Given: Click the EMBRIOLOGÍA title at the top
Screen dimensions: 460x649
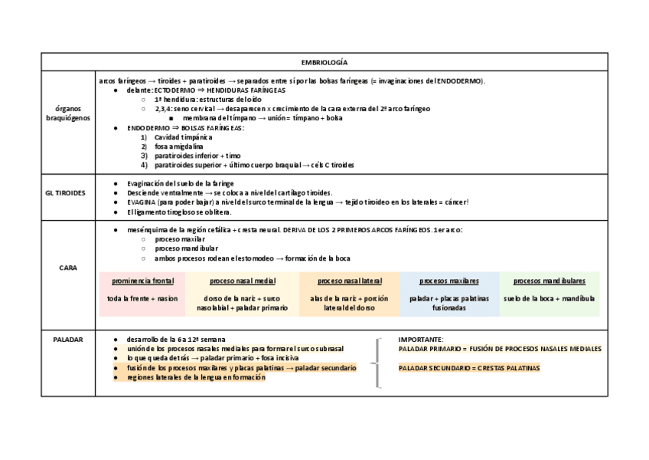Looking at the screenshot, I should click(x=324, y=62).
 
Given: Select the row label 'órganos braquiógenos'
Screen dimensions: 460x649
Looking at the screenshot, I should click(x=68, y=113).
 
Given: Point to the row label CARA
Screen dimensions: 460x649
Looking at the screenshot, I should click(x=68, y=268).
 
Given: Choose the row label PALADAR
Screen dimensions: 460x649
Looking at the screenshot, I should click(x=68, y=339).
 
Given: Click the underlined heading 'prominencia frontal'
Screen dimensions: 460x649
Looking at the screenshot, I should click(x=142, y=281).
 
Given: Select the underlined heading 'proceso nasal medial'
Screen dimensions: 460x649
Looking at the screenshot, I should click(x=242, y=281).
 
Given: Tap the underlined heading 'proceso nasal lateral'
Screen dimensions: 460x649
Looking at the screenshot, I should click(x=349, y=281).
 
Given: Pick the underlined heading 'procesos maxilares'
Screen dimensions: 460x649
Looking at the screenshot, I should click(x=448, y=281).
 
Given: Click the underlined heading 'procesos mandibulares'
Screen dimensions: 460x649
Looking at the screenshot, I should click(x=549, y=281).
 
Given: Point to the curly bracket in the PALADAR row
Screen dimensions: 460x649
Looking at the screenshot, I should click(x=378, y=363).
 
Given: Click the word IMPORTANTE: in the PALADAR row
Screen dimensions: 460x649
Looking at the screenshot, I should click(x=421, y=339).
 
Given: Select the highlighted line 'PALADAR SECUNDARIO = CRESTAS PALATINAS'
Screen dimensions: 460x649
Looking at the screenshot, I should click(x=468, y=368).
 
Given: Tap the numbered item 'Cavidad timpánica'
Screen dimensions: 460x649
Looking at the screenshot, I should click(x=182, y=137).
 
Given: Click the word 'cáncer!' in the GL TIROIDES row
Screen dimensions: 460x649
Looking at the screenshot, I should click(x=454, y=202).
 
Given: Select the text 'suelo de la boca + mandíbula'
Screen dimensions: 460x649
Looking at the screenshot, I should click(x=549, y=299).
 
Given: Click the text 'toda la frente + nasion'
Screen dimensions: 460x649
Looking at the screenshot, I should click(x=142, y=299).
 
